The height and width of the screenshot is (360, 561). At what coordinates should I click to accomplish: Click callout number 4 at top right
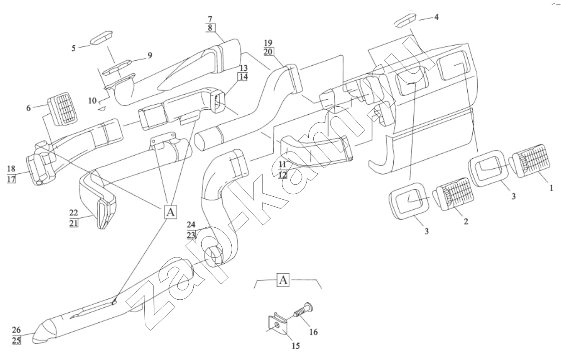click(436, 17)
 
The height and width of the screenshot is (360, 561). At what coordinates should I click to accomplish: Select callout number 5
click(73, 48)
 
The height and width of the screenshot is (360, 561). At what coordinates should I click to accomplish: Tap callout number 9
click(150, 55)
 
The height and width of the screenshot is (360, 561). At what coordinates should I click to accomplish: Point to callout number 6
click(28, 108)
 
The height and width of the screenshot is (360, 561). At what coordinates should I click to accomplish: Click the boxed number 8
click(210, 28)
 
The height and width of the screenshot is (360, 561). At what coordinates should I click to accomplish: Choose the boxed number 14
click(243, 77)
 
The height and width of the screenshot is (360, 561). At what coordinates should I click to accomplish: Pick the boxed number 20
click(268, 51)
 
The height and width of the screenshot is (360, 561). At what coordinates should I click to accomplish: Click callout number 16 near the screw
click(313, 332)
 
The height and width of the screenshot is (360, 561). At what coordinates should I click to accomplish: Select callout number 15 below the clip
click(295, 346)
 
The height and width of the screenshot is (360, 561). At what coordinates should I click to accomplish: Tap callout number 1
click(551, 188)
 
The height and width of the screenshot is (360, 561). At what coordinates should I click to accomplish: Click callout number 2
click(466, 221)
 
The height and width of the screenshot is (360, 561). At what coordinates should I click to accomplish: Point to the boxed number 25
click(17, 340)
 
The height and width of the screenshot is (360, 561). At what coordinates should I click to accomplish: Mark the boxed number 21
click(73, 223)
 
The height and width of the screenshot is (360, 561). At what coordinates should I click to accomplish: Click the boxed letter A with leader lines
click(171, 212)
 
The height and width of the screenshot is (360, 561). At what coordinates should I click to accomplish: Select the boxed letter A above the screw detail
click(283, 280)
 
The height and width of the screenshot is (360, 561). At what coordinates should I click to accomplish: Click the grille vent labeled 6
click(62, 109)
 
